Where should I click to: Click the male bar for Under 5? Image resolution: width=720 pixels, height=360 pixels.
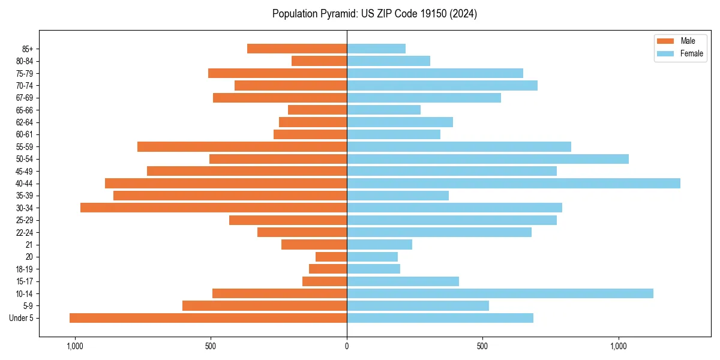208,318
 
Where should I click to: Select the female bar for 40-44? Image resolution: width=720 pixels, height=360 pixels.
514,183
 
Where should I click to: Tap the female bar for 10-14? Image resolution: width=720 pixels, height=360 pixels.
500,293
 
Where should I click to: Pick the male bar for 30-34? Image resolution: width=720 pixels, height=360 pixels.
214,208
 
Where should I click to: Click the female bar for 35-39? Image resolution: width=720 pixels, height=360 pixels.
398,196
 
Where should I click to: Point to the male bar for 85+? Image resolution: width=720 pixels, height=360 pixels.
297,49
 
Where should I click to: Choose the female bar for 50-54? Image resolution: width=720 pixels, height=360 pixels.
488,159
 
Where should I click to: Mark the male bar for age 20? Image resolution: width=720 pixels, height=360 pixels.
331,257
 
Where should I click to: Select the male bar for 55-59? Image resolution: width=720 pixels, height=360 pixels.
242,146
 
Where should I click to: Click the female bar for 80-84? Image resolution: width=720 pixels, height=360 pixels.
388,61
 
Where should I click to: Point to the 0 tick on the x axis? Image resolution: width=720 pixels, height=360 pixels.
347,346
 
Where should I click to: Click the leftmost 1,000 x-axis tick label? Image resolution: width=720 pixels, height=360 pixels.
74,346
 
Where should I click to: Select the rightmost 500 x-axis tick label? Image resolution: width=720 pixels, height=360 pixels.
482,346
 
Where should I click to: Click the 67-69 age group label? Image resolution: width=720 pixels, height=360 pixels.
25,98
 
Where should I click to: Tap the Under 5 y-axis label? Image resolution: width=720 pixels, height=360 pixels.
21,318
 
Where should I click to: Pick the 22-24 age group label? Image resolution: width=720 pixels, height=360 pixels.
25,232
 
